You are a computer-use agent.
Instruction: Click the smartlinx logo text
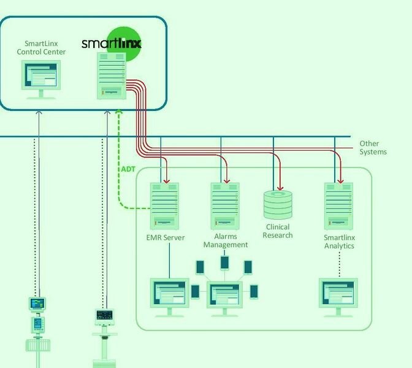111,43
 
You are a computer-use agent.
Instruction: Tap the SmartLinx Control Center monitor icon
41,79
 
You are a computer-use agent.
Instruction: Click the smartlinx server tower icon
112,75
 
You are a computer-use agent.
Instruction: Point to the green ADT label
128,169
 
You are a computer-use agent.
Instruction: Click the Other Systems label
373,148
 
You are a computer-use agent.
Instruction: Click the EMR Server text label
166,237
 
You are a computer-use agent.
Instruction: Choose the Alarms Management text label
226,240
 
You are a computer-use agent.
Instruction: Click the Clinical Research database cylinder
278,205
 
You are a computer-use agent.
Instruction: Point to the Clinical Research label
278,231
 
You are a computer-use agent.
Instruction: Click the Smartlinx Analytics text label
339,242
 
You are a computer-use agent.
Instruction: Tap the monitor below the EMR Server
170,296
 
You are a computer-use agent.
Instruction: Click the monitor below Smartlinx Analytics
338,296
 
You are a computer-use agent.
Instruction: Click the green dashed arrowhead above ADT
119,113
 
